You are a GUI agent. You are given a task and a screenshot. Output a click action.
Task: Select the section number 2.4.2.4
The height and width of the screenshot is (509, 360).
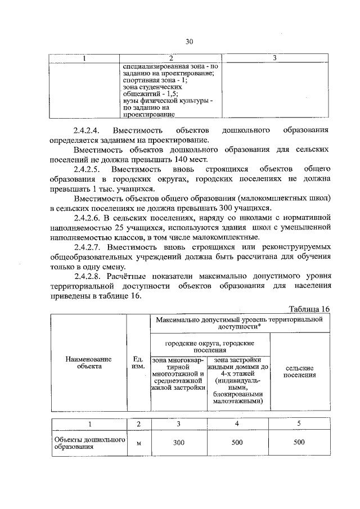pos(90,130)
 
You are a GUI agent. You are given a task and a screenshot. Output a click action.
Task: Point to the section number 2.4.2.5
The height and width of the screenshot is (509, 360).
pos(90,169)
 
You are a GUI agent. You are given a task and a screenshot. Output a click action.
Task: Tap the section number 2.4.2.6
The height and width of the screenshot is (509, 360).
pos(90,218)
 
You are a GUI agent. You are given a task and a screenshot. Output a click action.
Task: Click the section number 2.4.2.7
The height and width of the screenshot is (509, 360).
pos(90,247)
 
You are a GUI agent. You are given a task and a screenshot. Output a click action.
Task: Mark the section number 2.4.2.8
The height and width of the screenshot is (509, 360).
pos(90,277)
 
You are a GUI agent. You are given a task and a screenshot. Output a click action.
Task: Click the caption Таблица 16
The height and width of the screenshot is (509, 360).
pos(309,309)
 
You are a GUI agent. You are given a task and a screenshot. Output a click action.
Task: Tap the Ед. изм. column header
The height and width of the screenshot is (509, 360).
pos(138,362)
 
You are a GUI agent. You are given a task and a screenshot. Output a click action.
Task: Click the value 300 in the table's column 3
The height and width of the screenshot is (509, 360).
pos(178,443)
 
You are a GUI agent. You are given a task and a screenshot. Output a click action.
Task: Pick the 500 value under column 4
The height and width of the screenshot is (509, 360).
pos(237,443)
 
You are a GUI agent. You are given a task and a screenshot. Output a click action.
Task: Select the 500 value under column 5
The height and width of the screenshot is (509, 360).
pos(299,443)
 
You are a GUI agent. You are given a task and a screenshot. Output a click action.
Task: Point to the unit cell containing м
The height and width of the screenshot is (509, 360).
pos(138,443)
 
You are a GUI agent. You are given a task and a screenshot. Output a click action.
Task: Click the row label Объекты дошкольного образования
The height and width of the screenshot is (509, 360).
pos(88,443)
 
